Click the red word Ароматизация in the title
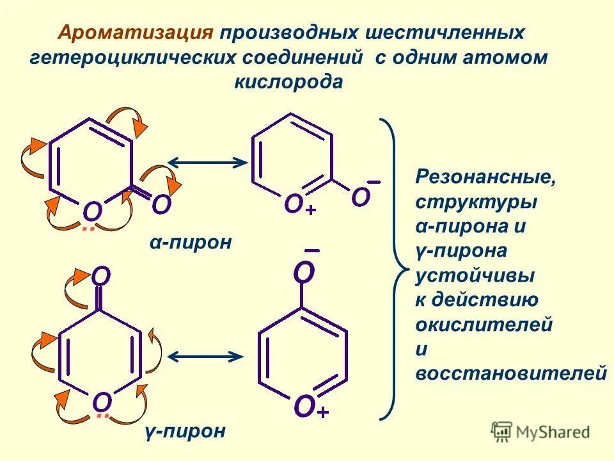coord(135,33)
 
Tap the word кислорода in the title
coord(289,82)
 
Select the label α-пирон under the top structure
coord(191,243)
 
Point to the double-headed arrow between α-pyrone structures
coord(207,163)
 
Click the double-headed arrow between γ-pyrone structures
coord(205,356)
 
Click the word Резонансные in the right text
coord(485,177)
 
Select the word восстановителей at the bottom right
coord(511,373)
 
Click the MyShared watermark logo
coord(540,432)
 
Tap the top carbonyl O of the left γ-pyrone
coord(101,276)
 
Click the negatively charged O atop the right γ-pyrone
coord(304,273)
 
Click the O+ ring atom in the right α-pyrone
coord(294,204)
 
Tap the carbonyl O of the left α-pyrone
coord(162,205)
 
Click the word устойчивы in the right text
coord(475,276)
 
